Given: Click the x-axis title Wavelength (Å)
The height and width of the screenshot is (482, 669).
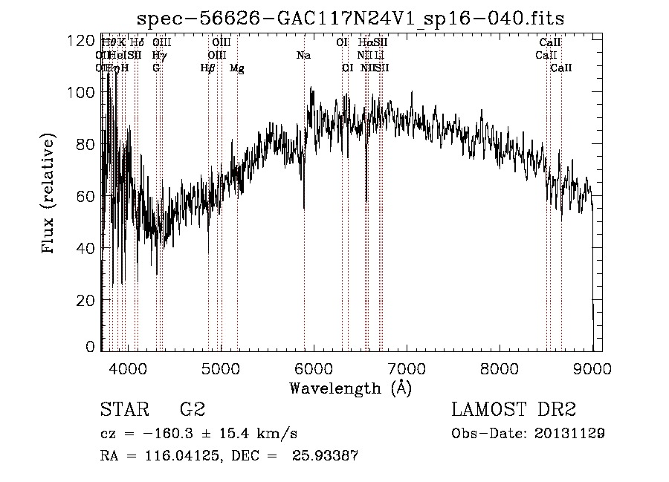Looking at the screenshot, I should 350,388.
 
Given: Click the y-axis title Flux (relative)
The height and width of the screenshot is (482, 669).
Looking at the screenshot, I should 50,195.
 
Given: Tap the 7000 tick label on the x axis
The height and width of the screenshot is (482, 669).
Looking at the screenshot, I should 407,368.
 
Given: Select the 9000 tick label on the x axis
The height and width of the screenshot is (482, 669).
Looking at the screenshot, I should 592,368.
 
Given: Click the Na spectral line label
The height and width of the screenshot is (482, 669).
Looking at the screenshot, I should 303,56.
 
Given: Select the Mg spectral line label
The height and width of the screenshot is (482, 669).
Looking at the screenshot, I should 236,68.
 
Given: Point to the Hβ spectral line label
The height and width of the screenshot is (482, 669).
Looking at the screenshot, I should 207,68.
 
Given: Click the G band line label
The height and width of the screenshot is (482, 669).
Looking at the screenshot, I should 156,68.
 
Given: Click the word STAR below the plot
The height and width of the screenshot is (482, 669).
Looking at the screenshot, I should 123,410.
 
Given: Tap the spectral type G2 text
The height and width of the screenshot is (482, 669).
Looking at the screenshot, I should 193,410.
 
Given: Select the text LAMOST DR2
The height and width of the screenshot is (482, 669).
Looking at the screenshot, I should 514,410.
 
